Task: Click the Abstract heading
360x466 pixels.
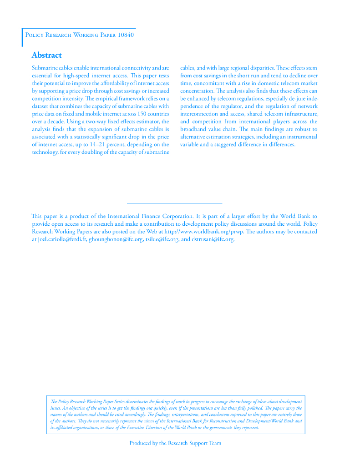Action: tap(46, 56)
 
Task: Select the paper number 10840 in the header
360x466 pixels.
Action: tap(125, 35)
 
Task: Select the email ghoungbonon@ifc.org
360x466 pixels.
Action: tap(116, 239)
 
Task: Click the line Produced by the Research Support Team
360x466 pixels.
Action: tap(175, 443)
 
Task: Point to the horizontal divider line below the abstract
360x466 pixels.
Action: tap(174, 203)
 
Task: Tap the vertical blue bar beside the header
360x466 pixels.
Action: tap(22, 37)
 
